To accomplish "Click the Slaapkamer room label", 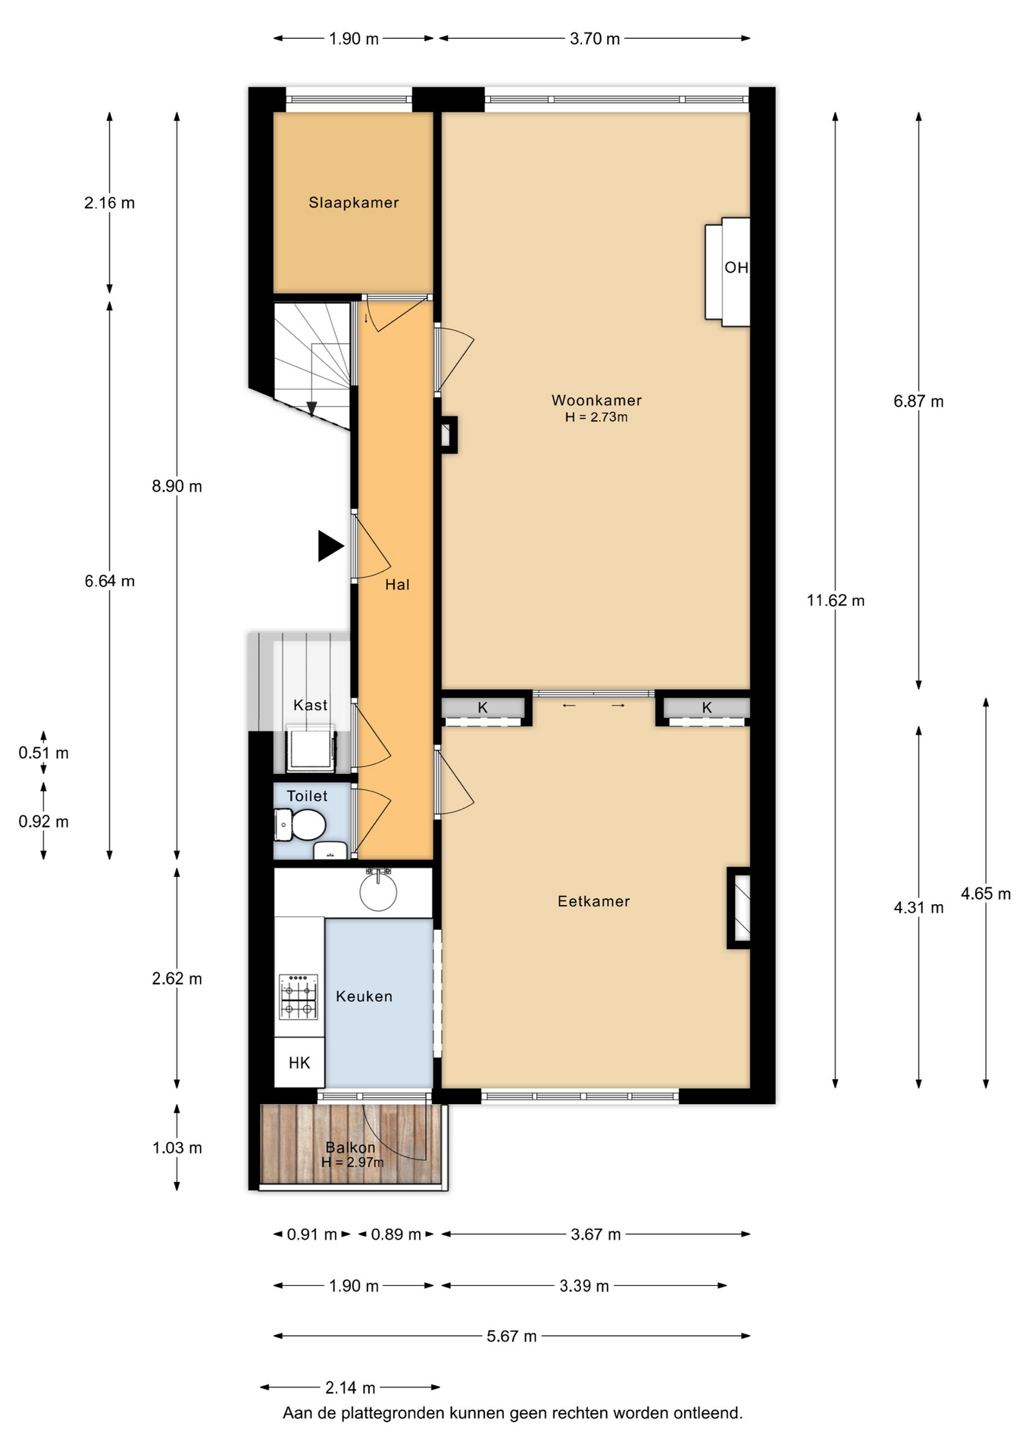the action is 353,202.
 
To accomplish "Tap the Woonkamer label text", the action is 596,400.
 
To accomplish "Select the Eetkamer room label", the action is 593,901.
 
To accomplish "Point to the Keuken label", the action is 364,997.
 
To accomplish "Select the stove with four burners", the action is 299,997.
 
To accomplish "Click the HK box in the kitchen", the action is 299,1062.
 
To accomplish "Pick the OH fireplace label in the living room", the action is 736,267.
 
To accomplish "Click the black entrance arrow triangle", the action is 330,546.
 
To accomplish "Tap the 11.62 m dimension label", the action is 835,601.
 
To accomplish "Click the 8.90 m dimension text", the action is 177,486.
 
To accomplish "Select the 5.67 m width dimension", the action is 511,1337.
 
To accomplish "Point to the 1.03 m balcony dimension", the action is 177,1147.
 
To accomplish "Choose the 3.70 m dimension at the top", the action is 595,39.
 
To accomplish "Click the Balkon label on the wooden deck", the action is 350,1147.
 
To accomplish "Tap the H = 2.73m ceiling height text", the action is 596,417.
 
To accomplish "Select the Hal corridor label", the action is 397,584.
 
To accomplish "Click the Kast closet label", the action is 311,705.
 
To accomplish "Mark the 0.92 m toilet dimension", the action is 43,822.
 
